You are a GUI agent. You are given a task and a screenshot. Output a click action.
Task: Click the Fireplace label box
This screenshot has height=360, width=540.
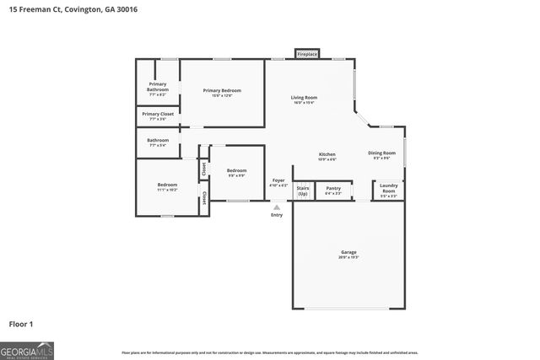pyautogui.click(x=307, y=54)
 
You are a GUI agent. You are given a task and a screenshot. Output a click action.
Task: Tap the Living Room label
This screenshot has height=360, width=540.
pyautogui.click(x=304, y=99)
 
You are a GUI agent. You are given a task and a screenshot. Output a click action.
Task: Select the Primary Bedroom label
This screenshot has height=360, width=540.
pyautogui.click(x=222, y=90)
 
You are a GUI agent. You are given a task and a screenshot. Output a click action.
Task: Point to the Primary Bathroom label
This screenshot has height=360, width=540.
pyautogui.click(x=158, y=86)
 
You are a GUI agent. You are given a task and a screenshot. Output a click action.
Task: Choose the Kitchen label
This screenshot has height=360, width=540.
pyautogui.click(x=327, y=154)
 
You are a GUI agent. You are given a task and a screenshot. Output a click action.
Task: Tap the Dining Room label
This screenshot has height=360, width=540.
pyautogui.click(x=381, y=153)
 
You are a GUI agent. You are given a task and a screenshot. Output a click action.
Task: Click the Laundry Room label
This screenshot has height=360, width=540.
pyautogui.click(x=388, y=188)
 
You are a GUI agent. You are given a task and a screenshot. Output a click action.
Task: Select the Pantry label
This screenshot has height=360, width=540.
pyautogui.click(x=333, y=188)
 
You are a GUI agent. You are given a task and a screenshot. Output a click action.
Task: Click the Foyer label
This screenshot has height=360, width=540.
pyautogui.click(x=278, y=181)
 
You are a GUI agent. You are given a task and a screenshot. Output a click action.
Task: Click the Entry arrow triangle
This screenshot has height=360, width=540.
pyautogui.click(x=277, y=206)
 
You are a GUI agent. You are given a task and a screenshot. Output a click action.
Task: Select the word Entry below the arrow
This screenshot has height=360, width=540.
pyautogui.click(x=277, y=215)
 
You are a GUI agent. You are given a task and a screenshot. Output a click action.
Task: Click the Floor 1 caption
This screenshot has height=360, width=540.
pyautogui.click(x=21, y=323)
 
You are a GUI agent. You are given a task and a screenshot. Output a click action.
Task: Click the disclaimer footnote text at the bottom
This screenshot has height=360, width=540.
pyautogui.click(x=269, y=352)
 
